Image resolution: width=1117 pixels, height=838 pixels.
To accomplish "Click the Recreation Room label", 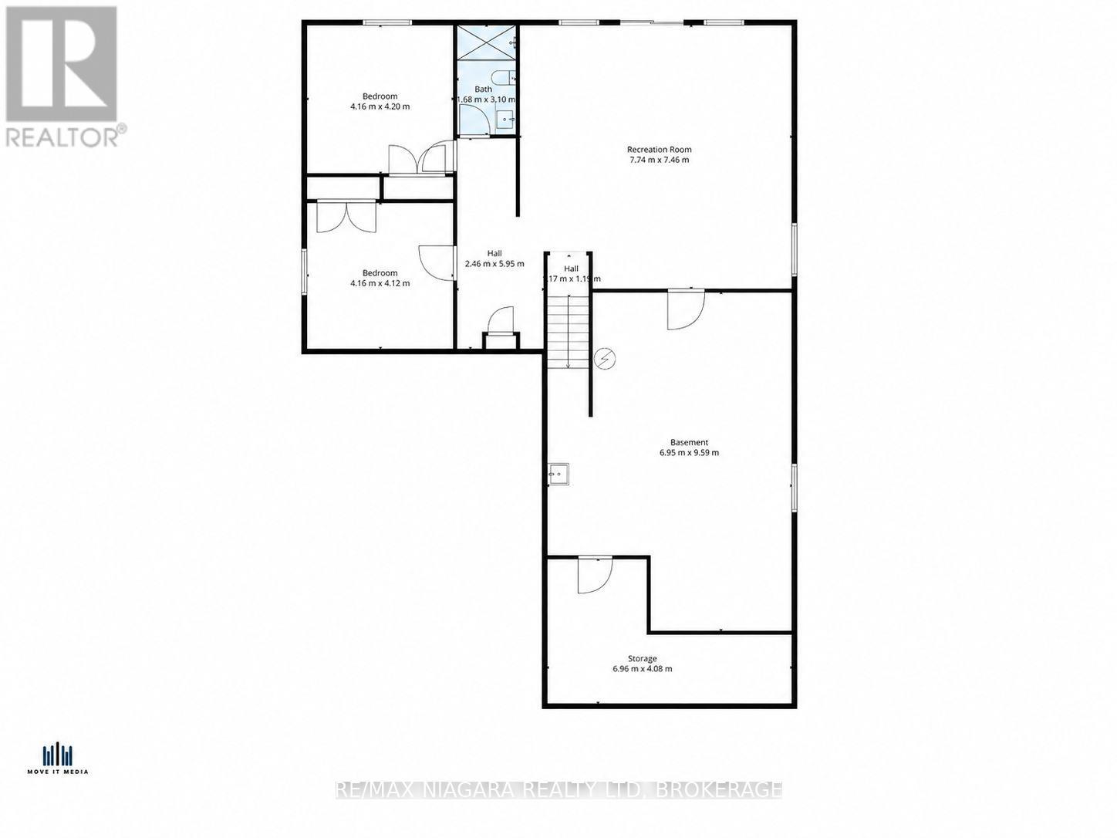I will [659, 149].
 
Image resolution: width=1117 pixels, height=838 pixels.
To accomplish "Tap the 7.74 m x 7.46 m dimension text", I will [659, 161].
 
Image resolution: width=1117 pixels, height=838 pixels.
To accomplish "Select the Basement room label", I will [689, 442].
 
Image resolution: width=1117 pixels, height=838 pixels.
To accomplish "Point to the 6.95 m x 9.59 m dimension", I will [689, 453].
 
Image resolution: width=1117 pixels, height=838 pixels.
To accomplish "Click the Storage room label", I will [642, 658].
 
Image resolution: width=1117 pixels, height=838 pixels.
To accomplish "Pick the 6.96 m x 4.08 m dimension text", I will [642, 669].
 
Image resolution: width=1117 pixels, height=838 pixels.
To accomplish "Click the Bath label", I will [483, 89].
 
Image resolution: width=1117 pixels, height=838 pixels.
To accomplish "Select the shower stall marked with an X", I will [486, 42].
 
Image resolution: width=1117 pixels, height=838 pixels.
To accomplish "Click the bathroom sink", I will [505, 119].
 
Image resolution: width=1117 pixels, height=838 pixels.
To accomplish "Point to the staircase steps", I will [568, 332].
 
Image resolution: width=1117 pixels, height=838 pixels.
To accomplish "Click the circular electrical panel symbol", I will [606, 358].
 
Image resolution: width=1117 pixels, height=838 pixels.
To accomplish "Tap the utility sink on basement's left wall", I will [558, 474].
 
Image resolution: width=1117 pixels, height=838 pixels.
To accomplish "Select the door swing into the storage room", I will [593, 574].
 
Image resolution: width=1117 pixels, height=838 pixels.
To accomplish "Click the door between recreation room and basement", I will [685, 309].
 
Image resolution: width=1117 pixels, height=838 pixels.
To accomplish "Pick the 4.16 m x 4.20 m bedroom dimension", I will [380, 106].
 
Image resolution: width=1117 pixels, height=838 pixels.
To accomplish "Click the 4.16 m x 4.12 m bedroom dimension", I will [380, 283].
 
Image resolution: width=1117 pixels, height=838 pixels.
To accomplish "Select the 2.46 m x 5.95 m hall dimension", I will [494, 264].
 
